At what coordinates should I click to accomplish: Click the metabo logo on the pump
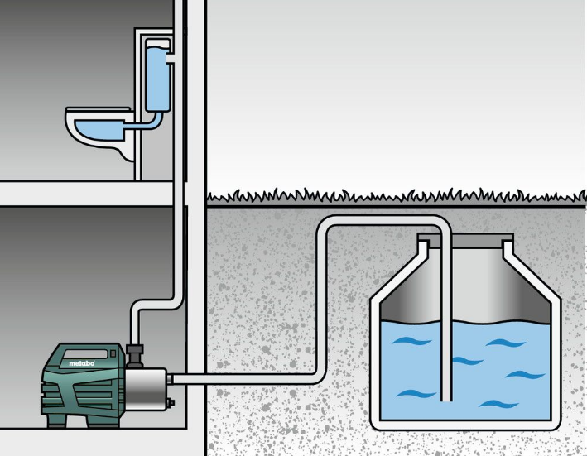pos(82,362)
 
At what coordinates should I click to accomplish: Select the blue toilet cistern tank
pos(157,75)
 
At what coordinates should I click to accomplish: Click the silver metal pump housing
pos(145,389)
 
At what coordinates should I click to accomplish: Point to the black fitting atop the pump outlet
pos(135,356)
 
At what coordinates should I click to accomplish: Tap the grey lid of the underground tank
pos(465,240)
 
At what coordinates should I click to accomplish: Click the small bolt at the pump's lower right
pos(171,402)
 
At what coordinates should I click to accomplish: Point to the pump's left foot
pos(56,420)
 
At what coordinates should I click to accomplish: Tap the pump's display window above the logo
pos(85,354)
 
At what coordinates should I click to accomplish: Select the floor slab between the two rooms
pos(86,194)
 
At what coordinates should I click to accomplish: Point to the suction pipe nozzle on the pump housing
pos(170,379)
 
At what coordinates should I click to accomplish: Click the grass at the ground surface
pos(396,196)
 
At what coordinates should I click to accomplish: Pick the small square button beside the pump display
pos(113,353)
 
